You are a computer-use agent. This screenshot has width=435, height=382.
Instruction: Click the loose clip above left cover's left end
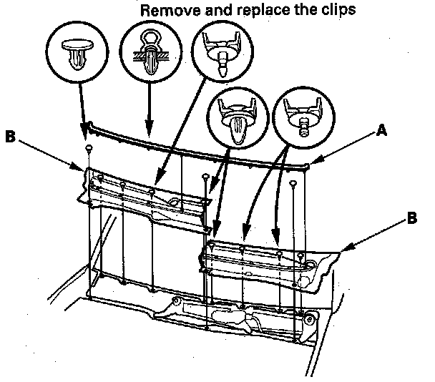[x=87, y=147]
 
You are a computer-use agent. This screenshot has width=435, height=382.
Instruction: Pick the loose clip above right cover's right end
[x=294, y=182]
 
